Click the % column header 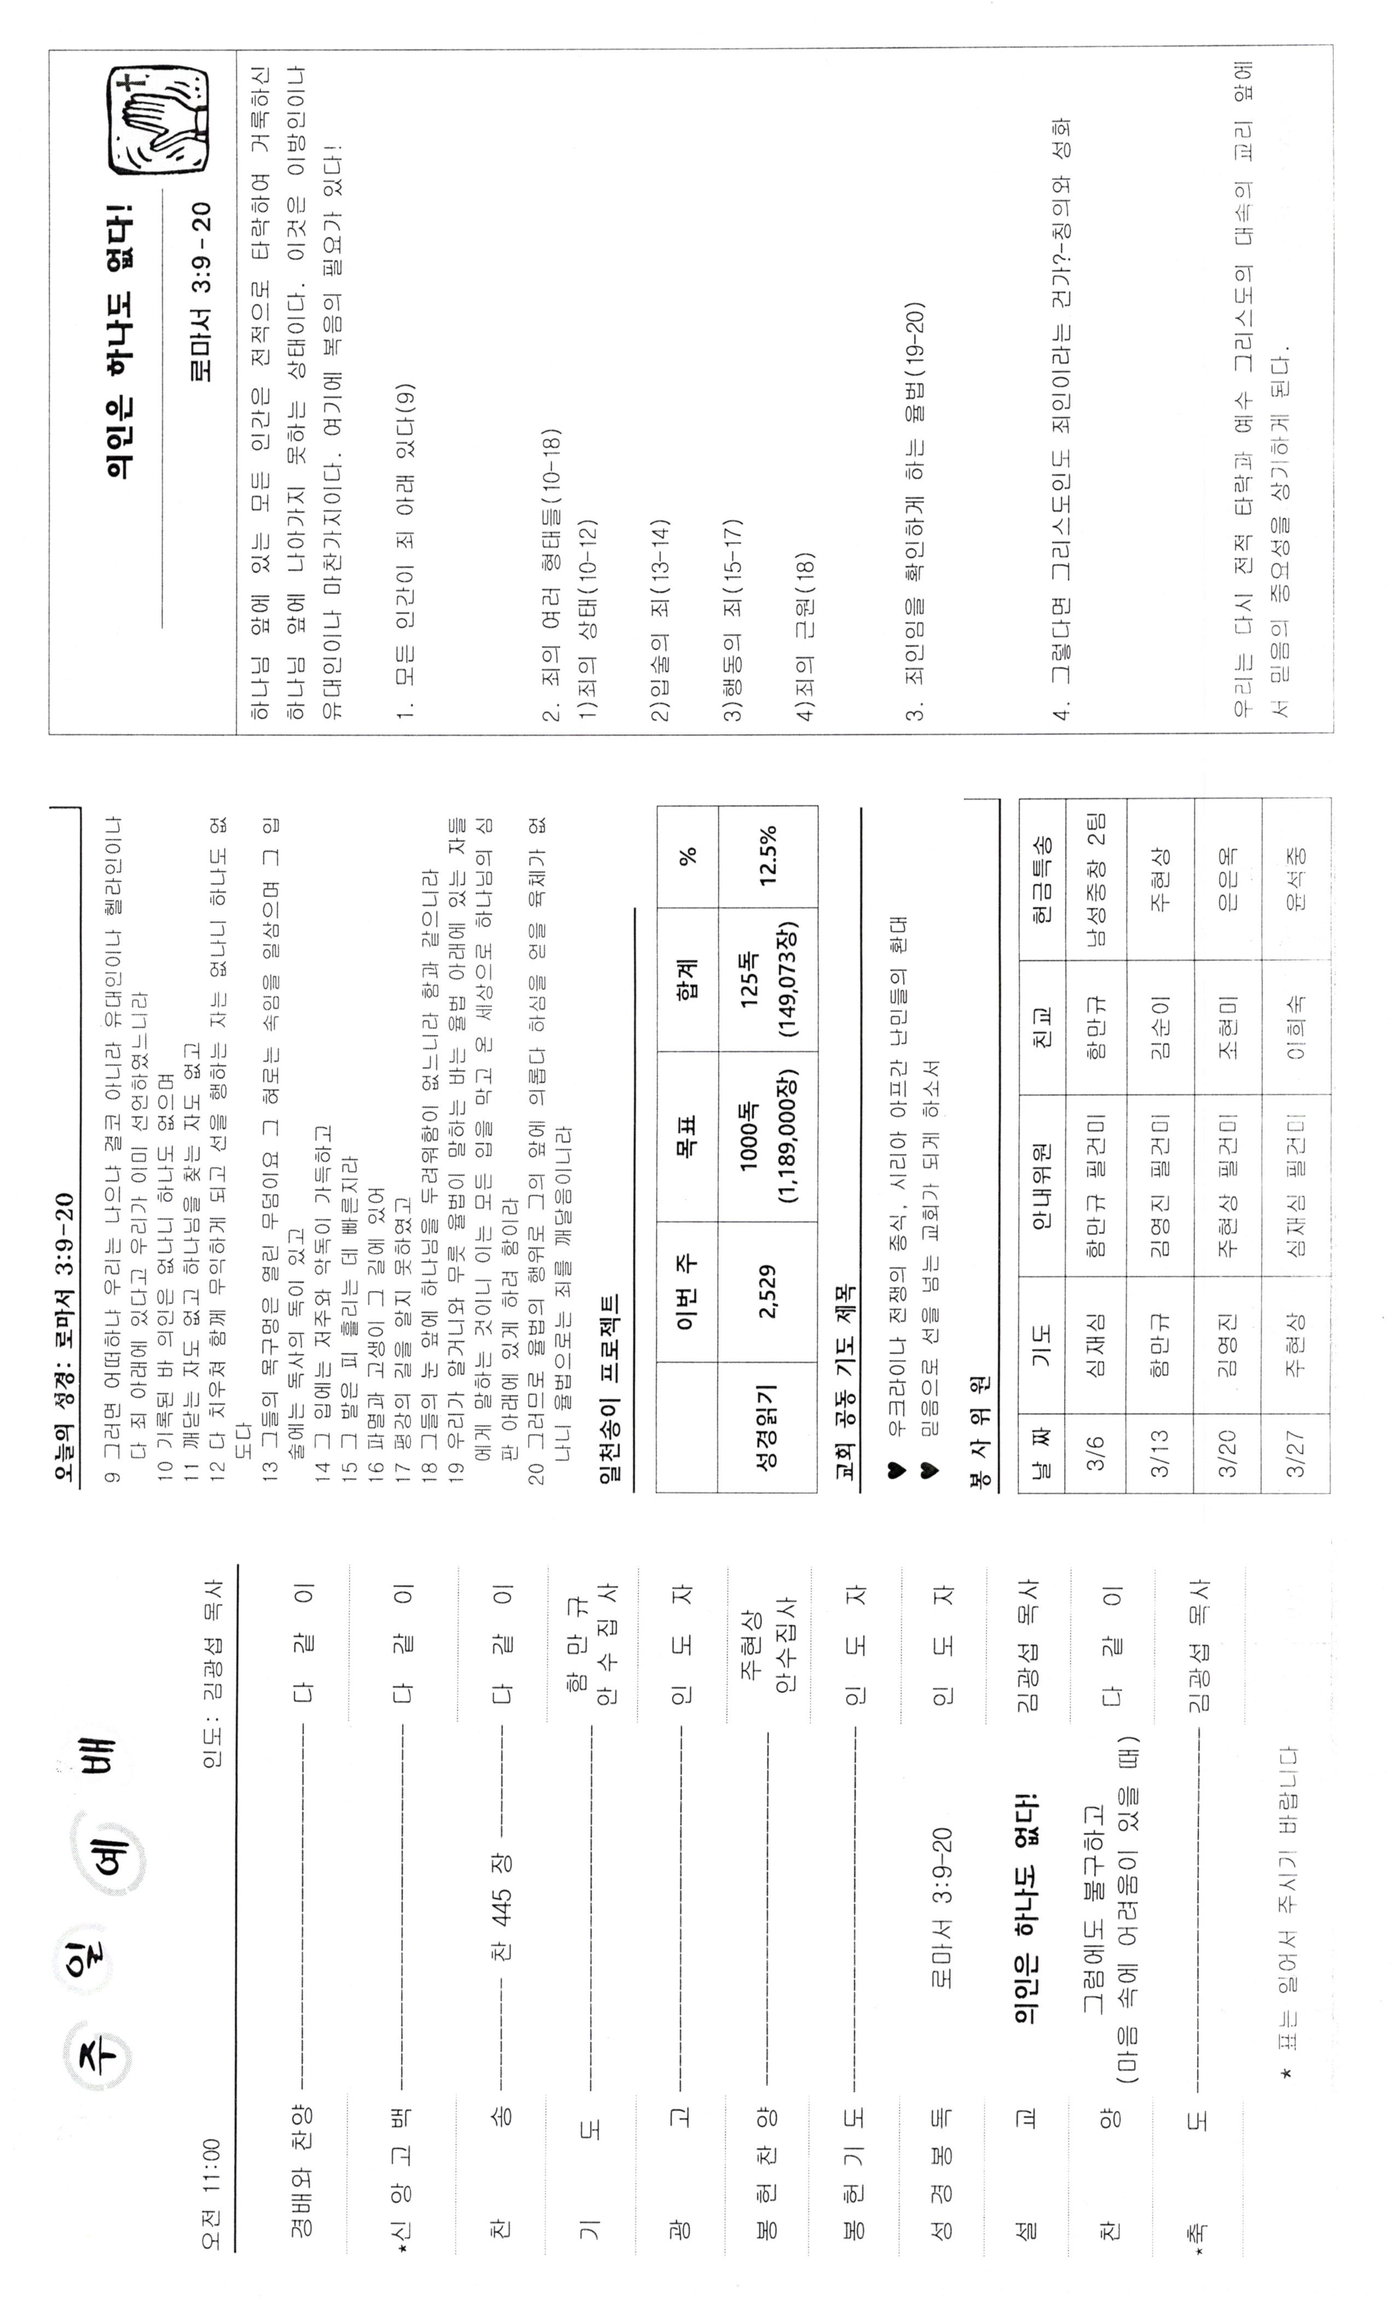688,854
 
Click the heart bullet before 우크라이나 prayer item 894,1472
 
